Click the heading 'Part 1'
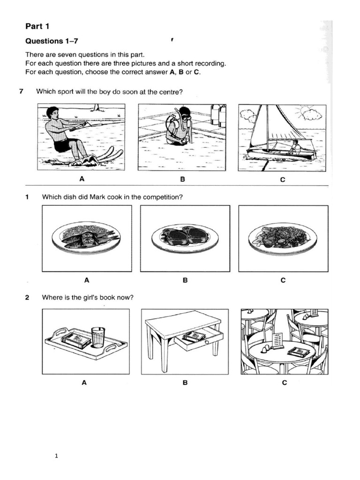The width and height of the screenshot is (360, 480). pos(38,27)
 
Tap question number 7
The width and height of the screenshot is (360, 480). pos(21,91)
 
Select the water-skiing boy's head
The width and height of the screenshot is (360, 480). pos(53,114)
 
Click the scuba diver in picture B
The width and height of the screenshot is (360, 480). pos(178,127)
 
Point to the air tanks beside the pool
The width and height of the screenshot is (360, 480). pos(218,115)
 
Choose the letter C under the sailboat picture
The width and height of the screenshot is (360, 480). pos(282,180)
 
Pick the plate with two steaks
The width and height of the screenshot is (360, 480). pos(185,237)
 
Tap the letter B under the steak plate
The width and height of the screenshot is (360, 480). pos(185,280)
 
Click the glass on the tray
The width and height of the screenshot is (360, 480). pos(97,337)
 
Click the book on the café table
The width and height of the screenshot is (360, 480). pos(298,352)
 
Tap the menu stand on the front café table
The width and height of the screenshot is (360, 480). pos(278,341)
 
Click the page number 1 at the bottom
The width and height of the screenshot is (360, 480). pos(56,455)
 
